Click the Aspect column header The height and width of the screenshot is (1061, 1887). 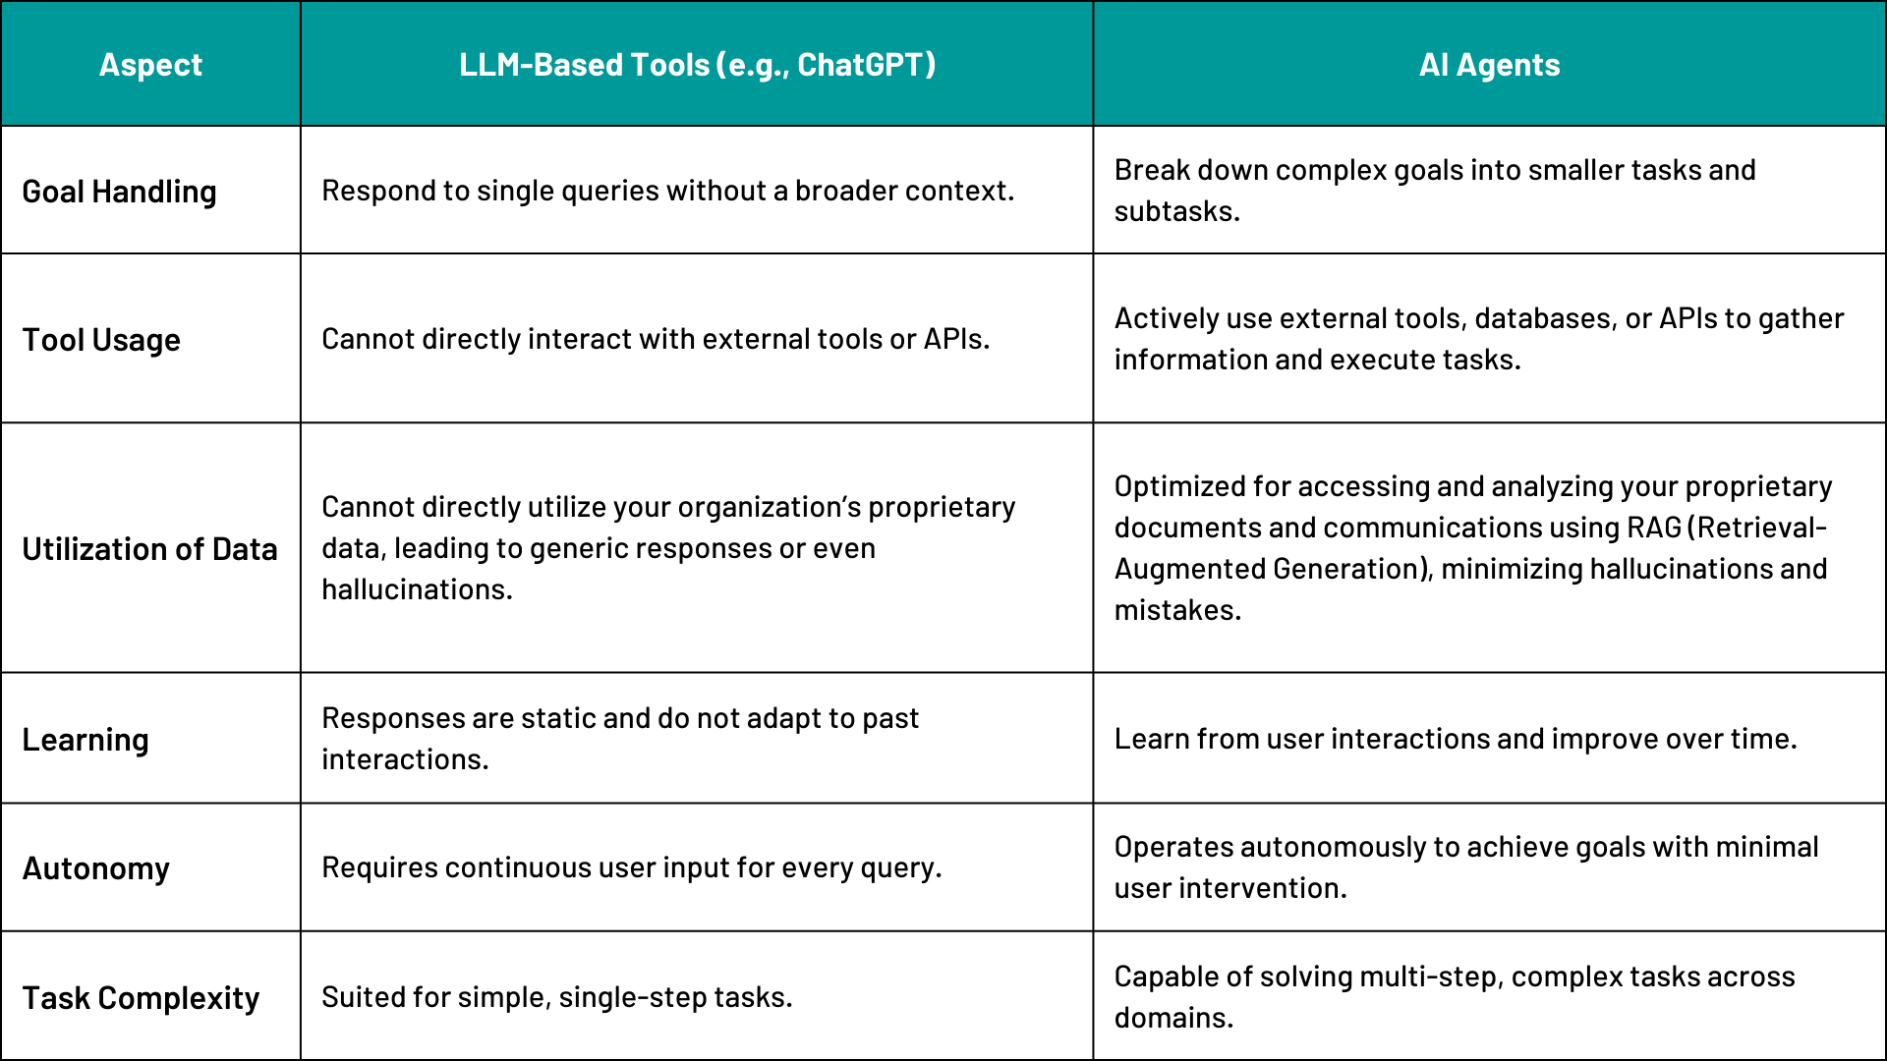coord(150,65)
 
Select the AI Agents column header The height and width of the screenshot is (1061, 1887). coord(1489,65)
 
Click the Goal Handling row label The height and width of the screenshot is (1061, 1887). coord(119,192)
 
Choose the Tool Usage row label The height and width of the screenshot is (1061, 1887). coord(101,340)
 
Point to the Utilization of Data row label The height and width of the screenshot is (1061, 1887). coord(149,549)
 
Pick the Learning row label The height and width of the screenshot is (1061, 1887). coord(86,740)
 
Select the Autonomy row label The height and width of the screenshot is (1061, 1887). coord(95,868)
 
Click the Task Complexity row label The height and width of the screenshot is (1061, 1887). coord(141,998)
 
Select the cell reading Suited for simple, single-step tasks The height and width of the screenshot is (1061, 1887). coord(556,997)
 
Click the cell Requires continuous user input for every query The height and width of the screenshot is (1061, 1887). coord(631,867)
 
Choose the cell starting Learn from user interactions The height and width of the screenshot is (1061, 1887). coord(1456,739)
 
